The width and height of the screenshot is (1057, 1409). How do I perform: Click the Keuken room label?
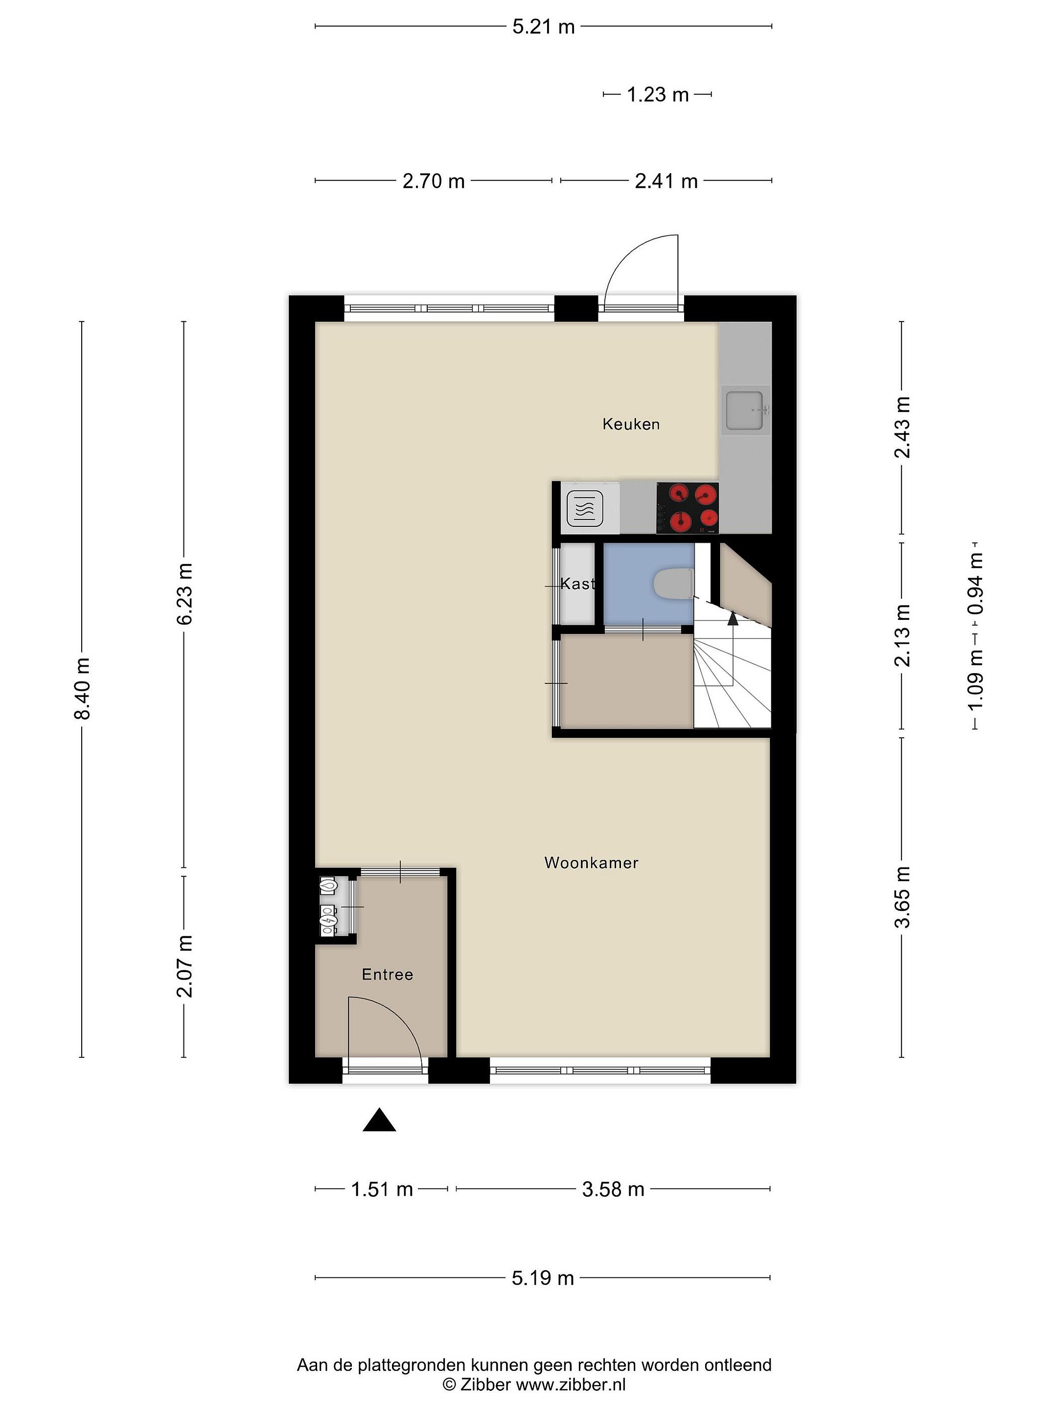point(631,424)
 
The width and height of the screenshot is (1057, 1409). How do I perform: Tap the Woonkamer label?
point(591,863)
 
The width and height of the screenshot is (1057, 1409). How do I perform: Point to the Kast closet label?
point(577,584)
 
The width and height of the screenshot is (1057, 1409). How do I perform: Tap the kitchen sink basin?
point(745,411)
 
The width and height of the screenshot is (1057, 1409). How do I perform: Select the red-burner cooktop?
point(688,508)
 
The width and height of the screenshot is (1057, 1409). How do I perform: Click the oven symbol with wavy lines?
point(585,509)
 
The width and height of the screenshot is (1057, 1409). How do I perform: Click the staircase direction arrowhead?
point(733,617)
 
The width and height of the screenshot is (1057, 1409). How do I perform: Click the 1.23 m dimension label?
point(658,95)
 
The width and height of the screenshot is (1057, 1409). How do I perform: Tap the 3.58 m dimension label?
point(613,1189)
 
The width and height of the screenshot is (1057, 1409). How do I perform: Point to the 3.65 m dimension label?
point(902,898)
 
